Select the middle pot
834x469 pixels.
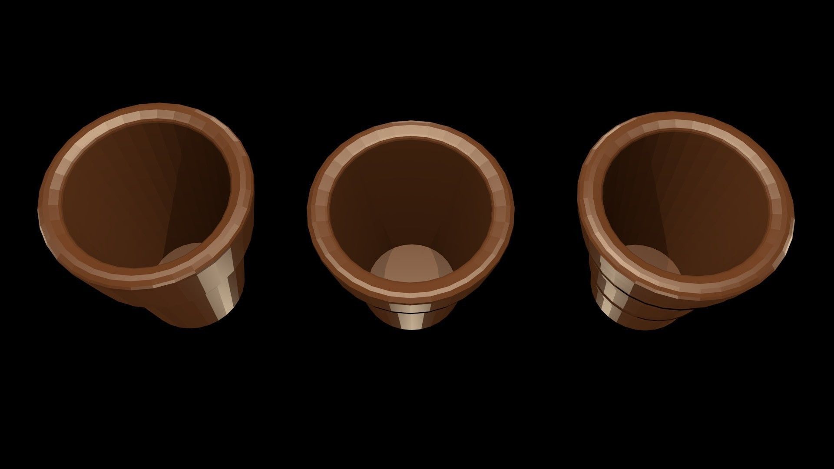point(410,217)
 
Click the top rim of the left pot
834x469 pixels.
point(148,114)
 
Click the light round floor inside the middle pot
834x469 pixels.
point(410,267)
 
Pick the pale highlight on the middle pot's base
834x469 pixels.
point(410,321)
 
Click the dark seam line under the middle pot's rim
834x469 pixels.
point(410,310)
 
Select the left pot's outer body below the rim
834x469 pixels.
point(182,304)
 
